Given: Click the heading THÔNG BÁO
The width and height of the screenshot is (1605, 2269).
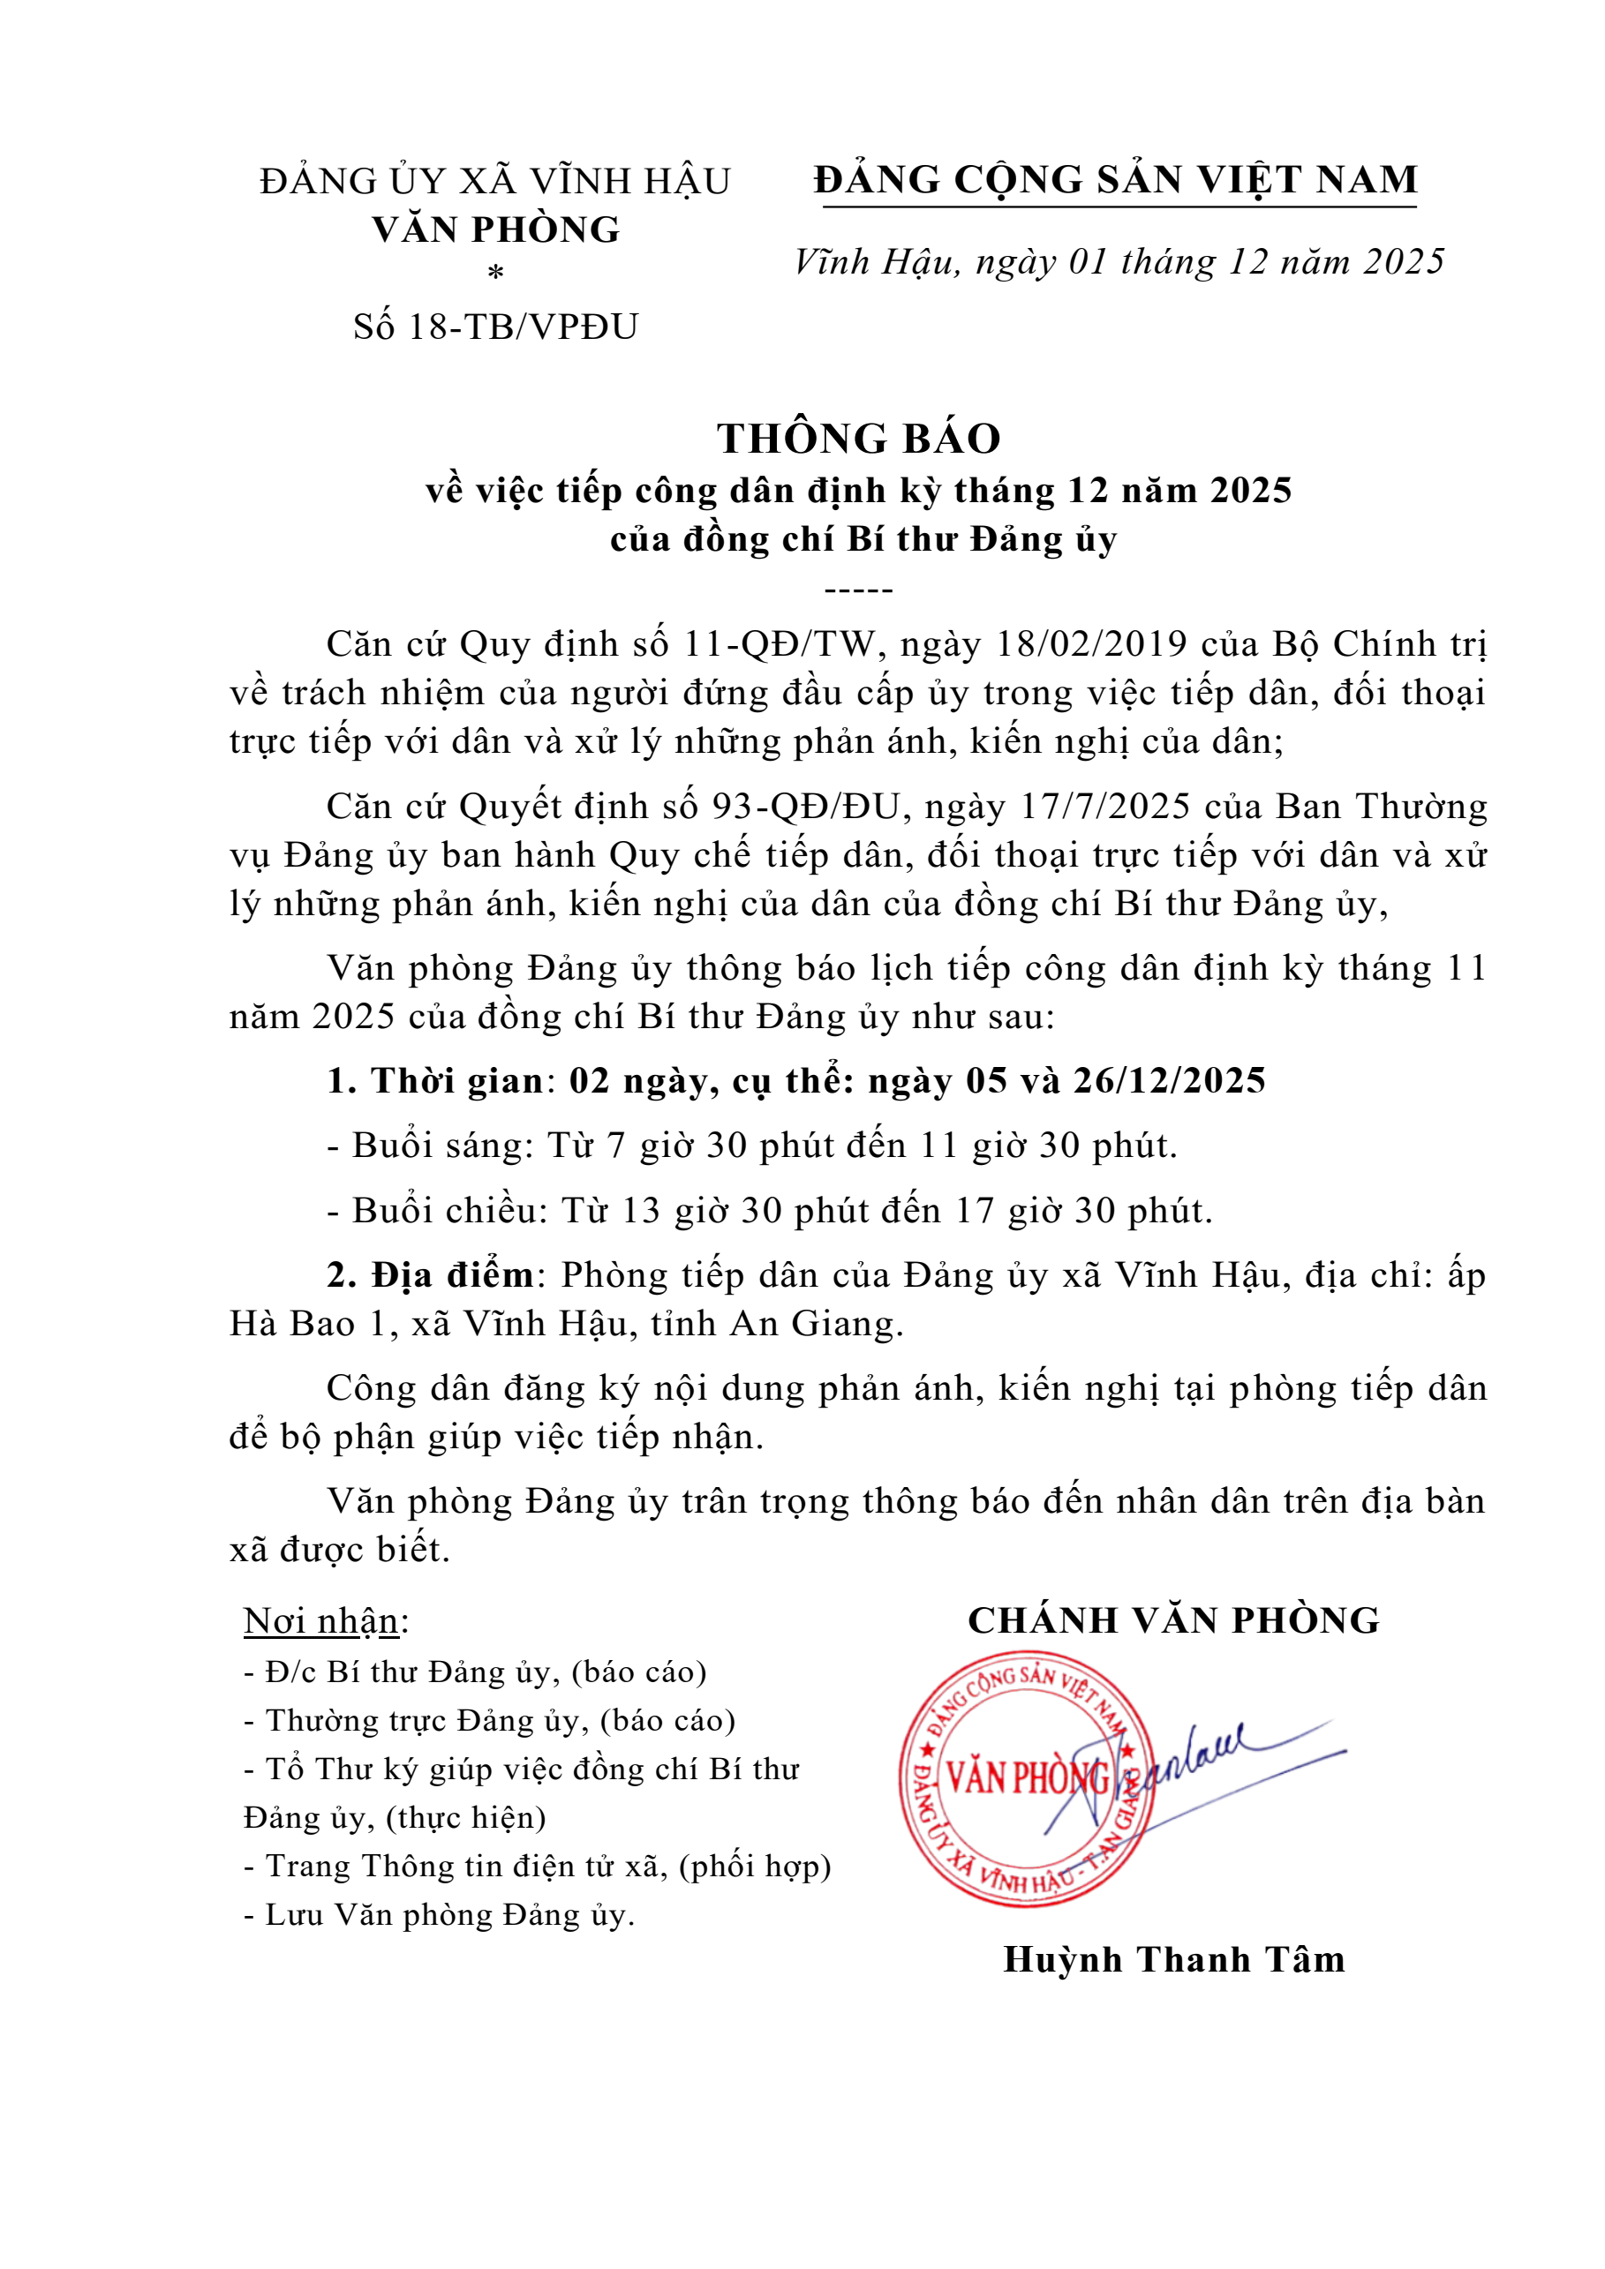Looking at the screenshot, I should tap(858, 439).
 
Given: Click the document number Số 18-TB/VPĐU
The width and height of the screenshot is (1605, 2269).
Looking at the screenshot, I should tap(495, 327).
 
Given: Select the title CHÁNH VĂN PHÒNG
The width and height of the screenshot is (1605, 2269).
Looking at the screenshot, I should tap(1173, 1620).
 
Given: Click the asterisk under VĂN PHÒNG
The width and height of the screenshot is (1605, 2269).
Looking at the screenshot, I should tap(496, 273).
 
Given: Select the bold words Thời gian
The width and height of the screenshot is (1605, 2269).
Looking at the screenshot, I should tap(456, 1080).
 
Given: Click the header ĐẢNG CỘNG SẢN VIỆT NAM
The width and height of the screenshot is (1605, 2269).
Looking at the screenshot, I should tap(1116, 180).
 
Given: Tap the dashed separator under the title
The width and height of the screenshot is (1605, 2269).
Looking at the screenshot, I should tap(858, 591).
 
